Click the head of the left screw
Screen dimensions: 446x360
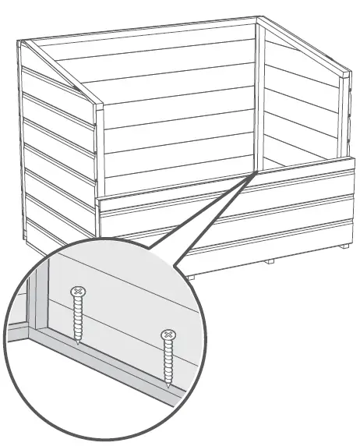(76, 292)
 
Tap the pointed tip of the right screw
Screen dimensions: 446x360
(168, 387)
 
